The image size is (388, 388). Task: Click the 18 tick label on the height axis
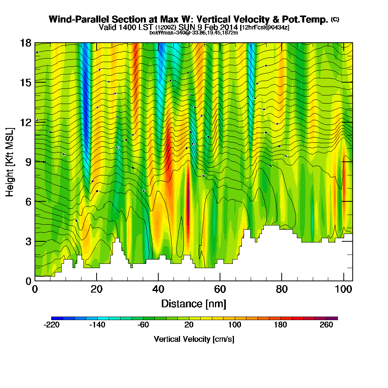[x=25, y=43]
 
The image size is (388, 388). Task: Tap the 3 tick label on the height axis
[x=28, y=241]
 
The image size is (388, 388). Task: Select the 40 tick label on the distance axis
[x=158, y=289]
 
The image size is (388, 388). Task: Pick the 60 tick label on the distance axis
[x=220, y=289]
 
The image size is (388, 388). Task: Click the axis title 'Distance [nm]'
[x=194, y=303]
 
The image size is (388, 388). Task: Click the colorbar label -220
[x=52, y=325]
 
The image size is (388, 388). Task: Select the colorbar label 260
[x=326, y=325]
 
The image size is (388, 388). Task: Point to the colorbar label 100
[x=235, y=325]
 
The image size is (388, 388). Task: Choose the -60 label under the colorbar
[x=143, y=325]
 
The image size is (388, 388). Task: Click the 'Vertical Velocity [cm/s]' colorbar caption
[x=194, y=339]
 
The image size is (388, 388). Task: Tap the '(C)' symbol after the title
[x=335, y=19]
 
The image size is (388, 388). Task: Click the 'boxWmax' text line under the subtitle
[x=194, y=33]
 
